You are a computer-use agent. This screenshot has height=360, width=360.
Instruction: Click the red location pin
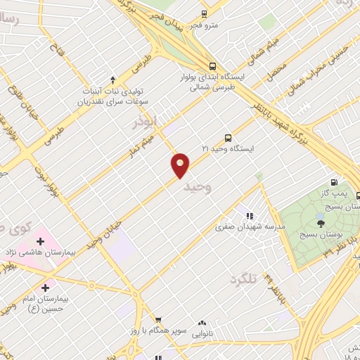coord(181,165)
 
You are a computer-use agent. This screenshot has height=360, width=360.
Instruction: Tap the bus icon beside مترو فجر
coord(204,13)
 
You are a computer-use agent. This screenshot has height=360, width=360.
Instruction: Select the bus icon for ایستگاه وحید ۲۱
coord(227,138)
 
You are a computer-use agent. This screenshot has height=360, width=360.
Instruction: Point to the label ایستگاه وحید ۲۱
coord(227,149)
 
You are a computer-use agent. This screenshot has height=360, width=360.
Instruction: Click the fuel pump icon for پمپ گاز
coord(334,183)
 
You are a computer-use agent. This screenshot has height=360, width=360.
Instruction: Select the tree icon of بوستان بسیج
coord(321,223)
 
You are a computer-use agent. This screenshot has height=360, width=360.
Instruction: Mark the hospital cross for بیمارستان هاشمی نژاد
coord(40,242)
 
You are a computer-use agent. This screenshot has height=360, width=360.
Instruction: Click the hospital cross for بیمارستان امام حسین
coord(46,287)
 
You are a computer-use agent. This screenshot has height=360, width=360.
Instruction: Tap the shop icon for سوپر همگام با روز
coord(158,320)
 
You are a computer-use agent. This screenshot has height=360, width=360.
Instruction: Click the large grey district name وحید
coord(196,187)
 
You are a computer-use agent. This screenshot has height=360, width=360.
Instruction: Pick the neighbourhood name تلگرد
coord(243,279)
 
